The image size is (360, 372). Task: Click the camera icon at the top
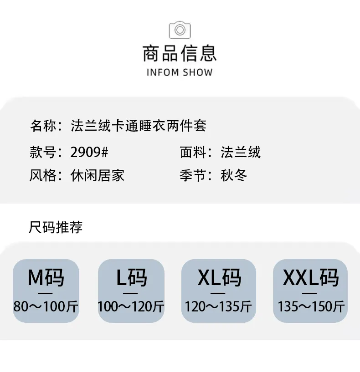(180, 30)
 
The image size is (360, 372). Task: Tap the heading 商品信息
(180, 53)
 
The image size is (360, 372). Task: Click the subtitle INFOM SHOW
(180, 72)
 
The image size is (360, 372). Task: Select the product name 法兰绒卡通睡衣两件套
(139, 126)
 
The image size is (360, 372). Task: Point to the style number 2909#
(89, 152)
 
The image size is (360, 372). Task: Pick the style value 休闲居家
(98, 176)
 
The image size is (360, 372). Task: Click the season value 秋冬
(234, 176)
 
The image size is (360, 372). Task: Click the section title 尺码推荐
(56, 227)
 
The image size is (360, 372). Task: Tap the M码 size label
(46, 278)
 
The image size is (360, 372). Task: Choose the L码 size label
(132, 278)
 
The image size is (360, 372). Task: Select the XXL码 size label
(311, 278)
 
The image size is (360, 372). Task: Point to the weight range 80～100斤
(46, 306)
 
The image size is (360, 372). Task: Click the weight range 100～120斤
(131, 306)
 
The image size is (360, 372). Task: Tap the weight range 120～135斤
(218, 306)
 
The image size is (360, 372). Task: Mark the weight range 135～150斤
(311, 306)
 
